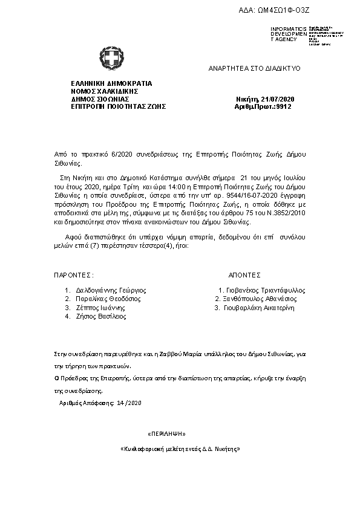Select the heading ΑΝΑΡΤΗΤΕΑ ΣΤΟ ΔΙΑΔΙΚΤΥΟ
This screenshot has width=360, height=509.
[x=255, y=70]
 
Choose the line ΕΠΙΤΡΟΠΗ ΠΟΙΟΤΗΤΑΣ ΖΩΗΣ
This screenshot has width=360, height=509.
[x=118, y=106]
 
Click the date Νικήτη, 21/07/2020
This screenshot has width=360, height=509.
[x=264, y=99]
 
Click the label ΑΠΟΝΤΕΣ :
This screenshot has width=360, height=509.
[x=246, y=274]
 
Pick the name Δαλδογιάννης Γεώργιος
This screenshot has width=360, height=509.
[x=111, y=290]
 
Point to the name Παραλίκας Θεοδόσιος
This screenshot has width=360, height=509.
[x=108, y=299]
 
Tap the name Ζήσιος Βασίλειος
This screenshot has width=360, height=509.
[x=100, y=316]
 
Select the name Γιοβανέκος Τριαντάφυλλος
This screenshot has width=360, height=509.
[x=266, y=290]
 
